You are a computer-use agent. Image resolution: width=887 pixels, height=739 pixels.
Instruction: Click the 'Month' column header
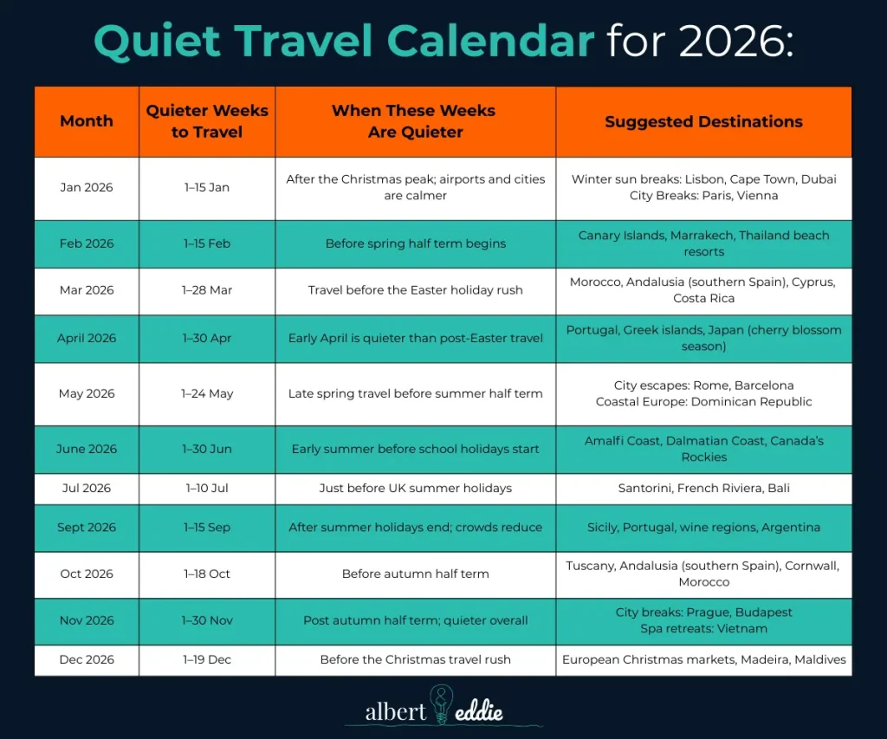(87, 121)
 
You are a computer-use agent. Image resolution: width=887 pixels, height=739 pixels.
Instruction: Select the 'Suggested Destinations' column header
(703, 121)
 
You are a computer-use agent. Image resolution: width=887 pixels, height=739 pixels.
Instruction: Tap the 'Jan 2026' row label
(87, 187)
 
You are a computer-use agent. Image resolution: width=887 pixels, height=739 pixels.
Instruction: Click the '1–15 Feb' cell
(207, 243)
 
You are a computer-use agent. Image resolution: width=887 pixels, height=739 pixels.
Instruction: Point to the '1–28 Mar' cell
(207, 290)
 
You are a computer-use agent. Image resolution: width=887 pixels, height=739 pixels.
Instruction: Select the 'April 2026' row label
(87, 338)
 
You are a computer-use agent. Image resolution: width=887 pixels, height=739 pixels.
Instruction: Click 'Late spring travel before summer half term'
(415, 393)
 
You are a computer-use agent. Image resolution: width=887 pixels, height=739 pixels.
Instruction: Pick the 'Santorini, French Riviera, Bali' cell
(703, 488)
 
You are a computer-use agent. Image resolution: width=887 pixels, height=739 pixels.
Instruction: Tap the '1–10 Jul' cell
(207, 488)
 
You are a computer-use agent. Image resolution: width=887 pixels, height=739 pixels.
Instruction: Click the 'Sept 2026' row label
(87, 527)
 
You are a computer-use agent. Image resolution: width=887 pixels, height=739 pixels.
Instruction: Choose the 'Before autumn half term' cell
(415, 574)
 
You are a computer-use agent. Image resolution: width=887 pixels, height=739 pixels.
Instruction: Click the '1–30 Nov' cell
(207, 620)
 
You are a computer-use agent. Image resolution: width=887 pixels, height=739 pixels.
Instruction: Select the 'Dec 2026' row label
(87, 659)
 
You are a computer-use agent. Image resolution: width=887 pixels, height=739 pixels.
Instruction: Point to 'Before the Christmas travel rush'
(415, 659)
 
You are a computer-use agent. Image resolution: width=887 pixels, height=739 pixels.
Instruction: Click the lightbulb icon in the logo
(442, 703)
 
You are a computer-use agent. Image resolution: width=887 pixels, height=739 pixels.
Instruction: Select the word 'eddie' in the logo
(481, 712)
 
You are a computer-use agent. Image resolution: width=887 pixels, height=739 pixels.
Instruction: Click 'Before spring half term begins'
(415, 243)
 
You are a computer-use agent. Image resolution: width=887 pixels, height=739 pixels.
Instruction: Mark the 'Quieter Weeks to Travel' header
(207, 121)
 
